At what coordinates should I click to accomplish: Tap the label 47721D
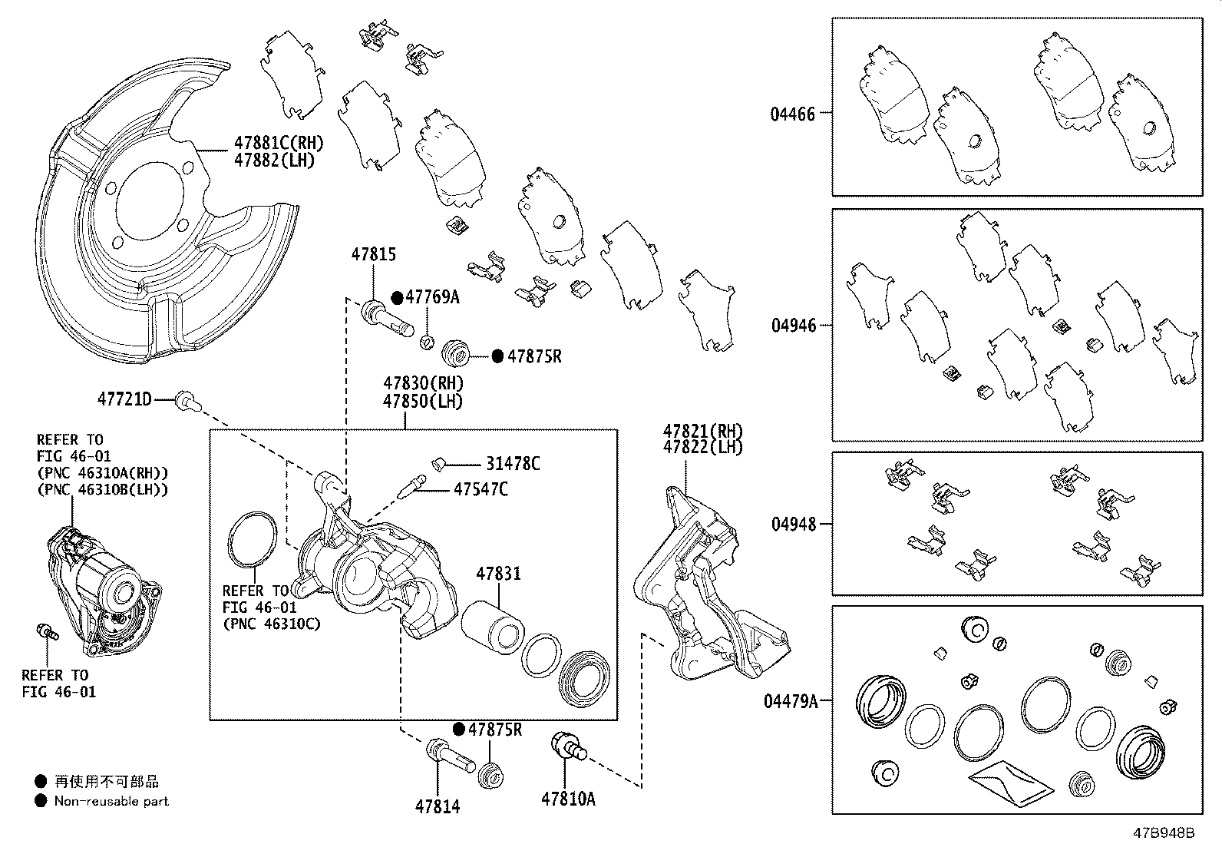pyautogui.click(x=124, y=399)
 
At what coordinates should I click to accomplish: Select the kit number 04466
pyautogui.click(x=793, y=114)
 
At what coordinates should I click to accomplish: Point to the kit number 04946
pyautogui.click(x=794, y=326)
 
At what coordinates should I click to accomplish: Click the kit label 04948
pyautogui.click(x=794, y=525)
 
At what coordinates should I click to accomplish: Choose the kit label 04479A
pyautogui.click(x=791, y=701)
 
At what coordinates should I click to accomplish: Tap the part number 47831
pyautogui.click(x=497, y=574)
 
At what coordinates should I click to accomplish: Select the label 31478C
pyautogui.click(x=513, y=464)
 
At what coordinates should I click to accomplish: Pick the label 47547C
pyautogui.click(x=481, y=489)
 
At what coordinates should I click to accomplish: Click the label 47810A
pyautogui.click(x=568, y=799)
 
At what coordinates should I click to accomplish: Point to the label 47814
pyautogui.click(x=438, y=806)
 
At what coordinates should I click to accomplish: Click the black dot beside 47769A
pyautogui.click(x=397, y=297)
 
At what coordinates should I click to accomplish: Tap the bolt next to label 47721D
pyautogui.click(x=185, y=399)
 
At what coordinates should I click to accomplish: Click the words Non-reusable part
pyautogui.click(x=111, y=801)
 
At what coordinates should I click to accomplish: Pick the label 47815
pyautogui.click(x=374, y=254)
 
